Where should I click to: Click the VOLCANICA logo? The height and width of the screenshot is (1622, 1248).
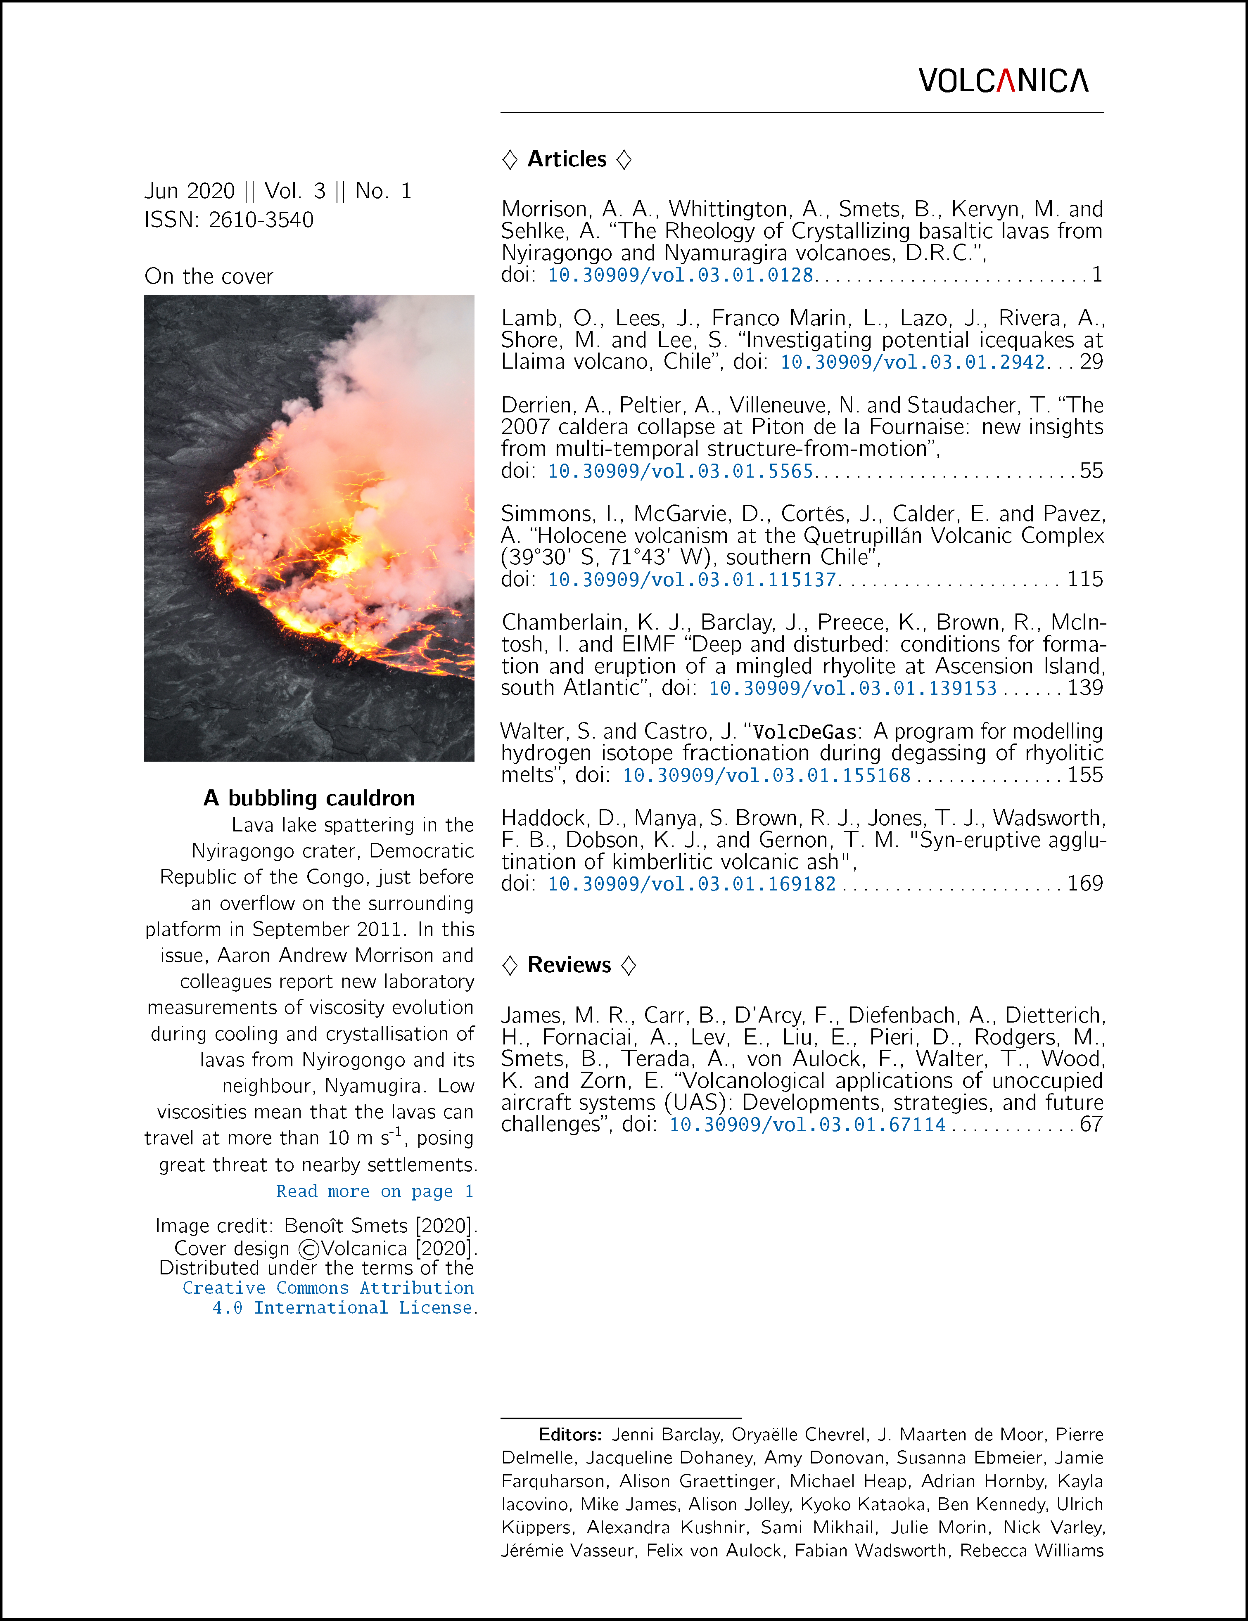coord(1003,80)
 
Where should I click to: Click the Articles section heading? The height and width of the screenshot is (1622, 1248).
coord(567,159)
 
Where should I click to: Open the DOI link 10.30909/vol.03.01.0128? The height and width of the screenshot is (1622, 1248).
coord(681,275)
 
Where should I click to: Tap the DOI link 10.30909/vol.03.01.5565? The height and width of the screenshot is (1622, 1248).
coord(681,471)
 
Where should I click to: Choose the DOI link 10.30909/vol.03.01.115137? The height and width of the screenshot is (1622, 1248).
coord(692,579)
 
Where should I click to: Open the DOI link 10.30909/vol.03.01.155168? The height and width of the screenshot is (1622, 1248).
coord(766,775)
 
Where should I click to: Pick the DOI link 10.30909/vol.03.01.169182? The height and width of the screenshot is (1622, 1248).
coord(692,884)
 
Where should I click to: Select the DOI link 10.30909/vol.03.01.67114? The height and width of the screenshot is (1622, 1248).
coord(807,1125)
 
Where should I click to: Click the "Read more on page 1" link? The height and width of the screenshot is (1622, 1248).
coord(375,1191)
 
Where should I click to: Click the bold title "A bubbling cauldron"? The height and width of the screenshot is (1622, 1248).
coord(309,798)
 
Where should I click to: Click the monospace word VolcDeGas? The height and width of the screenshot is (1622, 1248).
coord(804,732)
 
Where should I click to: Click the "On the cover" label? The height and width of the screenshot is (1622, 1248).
coord(209,276)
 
